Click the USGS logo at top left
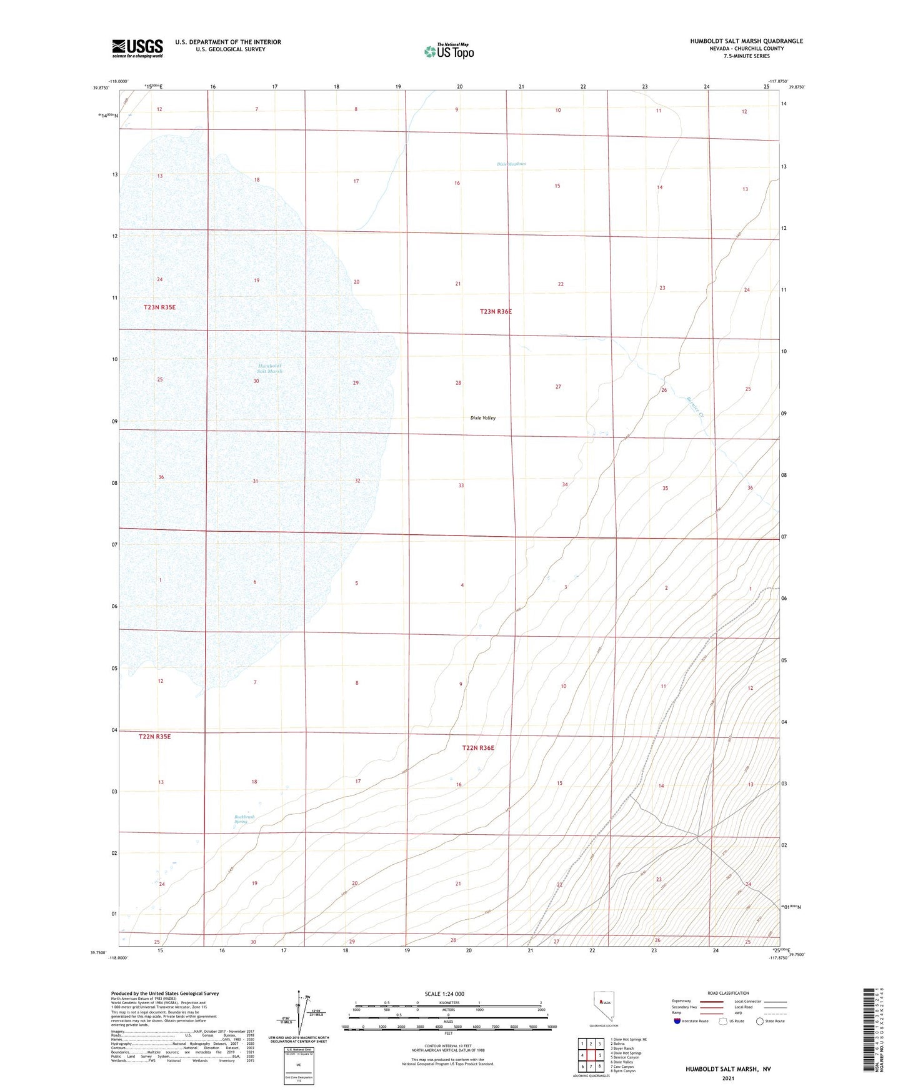click(x=137, y=48)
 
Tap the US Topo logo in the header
click(x=449, y=51)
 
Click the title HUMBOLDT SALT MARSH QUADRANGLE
click(x=746, y=41)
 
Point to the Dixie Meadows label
click(x=511, y=164)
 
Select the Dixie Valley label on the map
click(x=482, y=418)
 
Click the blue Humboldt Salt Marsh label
click(x=270, y=369)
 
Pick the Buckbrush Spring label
click(x=244, y=819)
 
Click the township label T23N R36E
click(x=496, y=311)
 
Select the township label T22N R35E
click(x=154, y=737)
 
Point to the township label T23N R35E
click(x=159, y=307)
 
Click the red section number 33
click(x=461, y=486)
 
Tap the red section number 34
click(x=564, y=484)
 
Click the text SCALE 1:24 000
click(x=444, y=994)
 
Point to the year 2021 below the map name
click(x=728, y=1079)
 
